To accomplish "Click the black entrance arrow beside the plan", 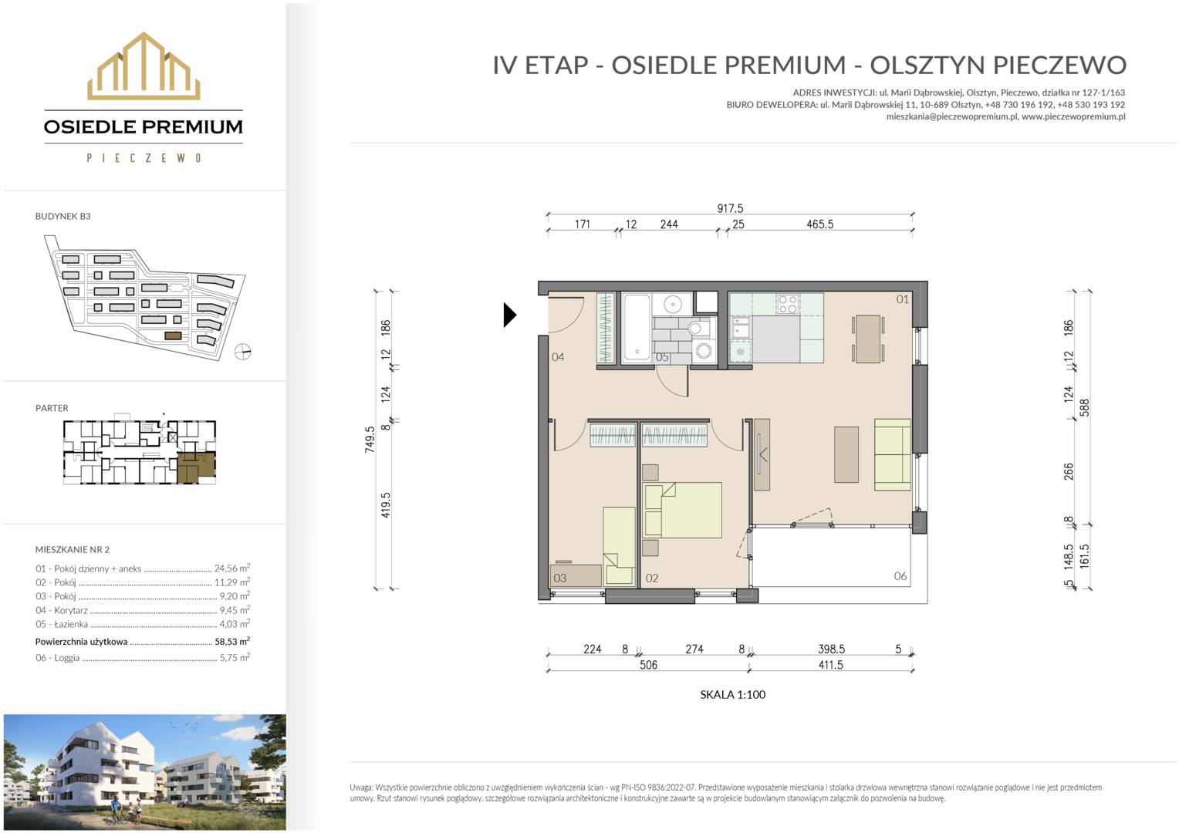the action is (509, 315).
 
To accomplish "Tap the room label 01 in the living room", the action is (902, 299).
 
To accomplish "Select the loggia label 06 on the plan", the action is (900, 576).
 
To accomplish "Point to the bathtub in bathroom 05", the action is (637, 329).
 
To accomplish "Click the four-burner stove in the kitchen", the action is (787, 303).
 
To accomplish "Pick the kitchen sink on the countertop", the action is (741, 327).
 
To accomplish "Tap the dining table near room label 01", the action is (867, 339).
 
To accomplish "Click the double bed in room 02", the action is (682, 510).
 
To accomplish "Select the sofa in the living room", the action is (892, 454).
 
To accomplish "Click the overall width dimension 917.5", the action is (730, 208).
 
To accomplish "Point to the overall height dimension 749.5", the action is (370, 440).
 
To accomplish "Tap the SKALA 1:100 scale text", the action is (733, 695).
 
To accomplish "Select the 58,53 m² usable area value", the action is (232, 642).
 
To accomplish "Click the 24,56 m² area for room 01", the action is (231, 568).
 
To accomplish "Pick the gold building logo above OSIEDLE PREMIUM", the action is (144, 66).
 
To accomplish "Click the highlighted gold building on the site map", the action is (173, 336).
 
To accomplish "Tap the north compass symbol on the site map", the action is (242, 352).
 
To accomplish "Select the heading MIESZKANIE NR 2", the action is (72, 549).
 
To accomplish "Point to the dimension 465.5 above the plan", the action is (820, 224).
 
